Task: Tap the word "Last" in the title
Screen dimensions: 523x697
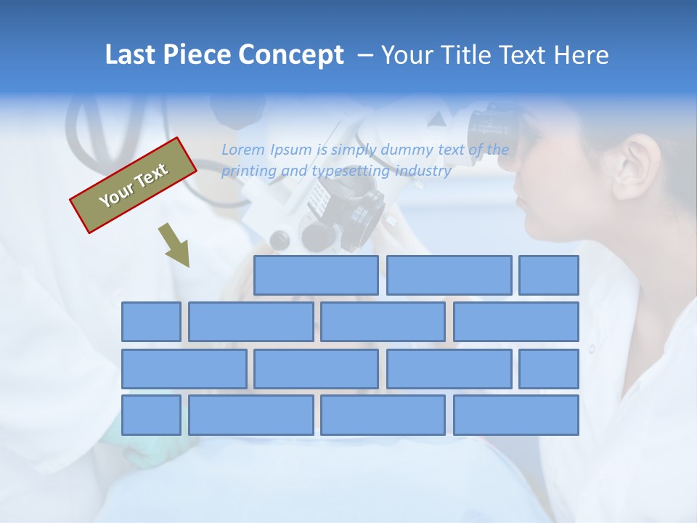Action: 131,55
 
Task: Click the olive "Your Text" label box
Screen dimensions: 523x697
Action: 134,185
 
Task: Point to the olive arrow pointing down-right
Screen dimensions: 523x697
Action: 174,246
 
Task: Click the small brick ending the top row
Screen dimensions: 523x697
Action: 549,275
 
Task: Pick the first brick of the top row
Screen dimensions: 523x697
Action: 316,275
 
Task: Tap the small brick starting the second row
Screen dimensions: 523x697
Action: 151,322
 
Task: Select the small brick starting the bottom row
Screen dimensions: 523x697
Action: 151,415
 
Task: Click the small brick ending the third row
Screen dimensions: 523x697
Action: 549,369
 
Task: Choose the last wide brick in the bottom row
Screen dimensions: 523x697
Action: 516,415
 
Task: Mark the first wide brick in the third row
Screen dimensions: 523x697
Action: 184,369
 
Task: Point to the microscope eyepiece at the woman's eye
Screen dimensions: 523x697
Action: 494,128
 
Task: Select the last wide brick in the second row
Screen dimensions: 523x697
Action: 516,322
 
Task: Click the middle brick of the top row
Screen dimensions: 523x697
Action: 449,275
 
